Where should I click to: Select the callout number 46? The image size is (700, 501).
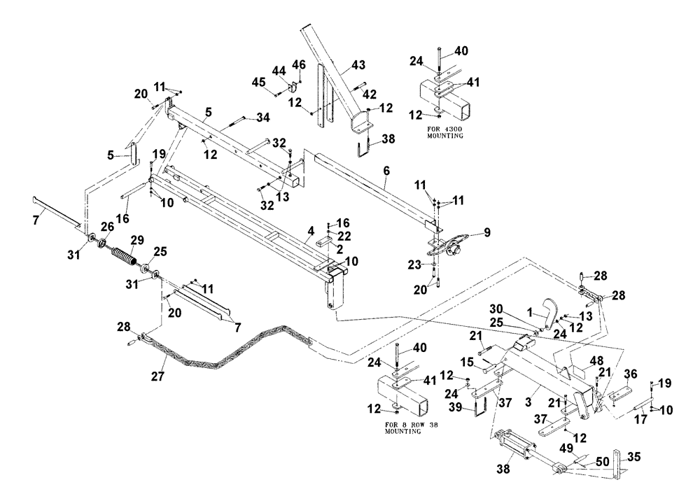point(299,65)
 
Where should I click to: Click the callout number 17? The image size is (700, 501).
point(641,420)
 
